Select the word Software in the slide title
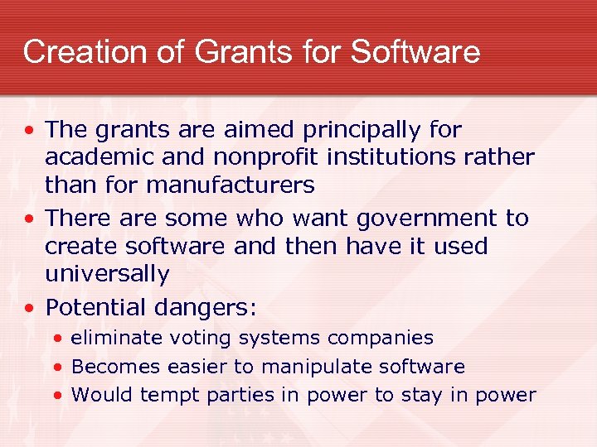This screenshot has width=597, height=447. pyautogui.click(x=415, y=51)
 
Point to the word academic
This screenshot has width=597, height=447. pyautogui.click(x=93, y=157)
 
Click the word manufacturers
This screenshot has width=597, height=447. pyautogui.click(x=230, y=185)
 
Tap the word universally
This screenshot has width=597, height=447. pyautogui.click(x=107, y=274)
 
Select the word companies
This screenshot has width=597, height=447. pyautogui.click(x=381, y=338)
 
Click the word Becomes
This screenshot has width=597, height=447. pyautogui.click(x=116, y=367)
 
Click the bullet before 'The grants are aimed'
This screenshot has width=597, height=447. pyautogui.click(x=30, y=131)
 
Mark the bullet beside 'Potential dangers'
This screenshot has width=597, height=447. pyautogui.click(x=30, y=309)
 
